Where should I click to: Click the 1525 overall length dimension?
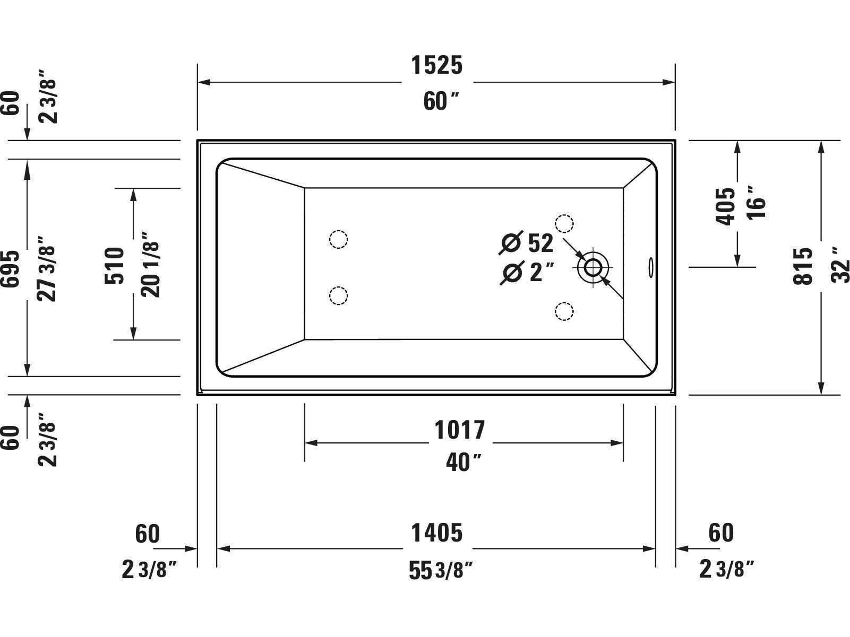tap(437, 65)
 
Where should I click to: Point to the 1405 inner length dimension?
tap(437, 533)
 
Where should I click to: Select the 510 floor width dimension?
tap(114, 266)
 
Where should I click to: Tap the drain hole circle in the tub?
tap(593, 267)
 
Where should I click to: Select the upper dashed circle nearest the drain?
tap(564, 223)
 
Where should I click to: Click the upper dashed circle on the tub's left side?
tap(338, 239)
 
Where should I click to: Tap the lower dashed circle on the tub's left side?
tap(338, 296)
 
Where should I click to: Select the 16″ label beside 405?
tap(756, 203)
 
